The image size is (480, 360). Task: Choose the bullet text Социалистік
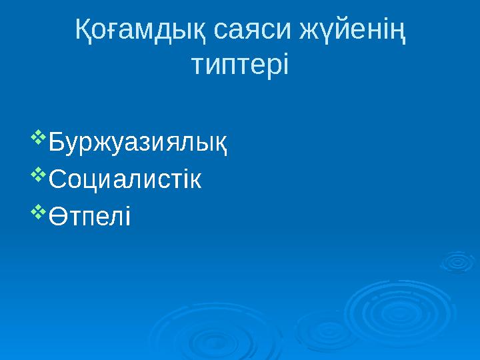126,180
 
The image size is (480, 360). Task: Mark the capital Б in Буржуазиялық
57,143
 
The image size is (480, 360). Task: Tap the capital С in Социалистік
59,180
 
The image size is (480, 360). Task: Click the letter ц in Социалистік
93,181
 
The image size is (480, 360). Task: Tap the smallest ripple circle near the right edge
457,262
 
